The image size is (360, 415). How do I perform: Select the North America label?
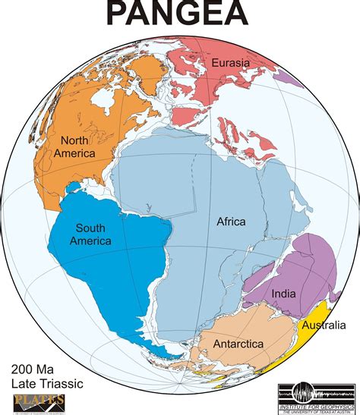74,146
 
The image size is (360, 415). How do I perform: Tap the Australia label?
325,325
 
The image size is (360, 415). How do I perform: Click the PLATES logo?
39,402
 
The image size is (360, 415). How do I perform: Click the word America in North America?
74,153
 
